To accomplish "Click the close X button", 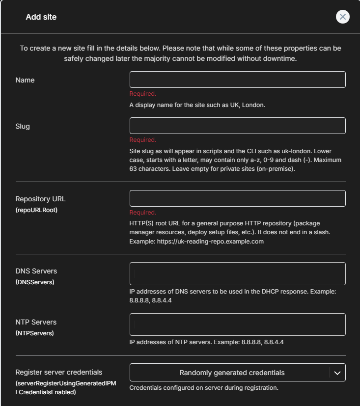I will coord(342,17).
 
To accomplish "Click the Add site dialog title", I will coord(41,17).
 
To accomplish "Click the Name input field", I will coord(237,80).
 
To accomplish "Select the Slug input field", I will coord(237,126).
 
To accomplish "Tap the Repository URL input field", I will coord(237,198).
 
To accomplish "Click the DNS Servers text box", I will coord(237,273).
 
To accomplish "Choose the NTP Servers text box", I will coord(237,325).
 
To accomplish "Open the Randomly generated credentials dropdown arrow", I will coord(337,373).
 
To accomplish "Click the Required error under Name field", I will coord(143,94).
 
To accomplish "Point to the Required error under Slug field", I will coord(143,140).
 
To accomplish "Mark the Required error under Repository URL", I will coord(143,213).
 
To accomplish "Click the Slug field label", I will coord(23,126).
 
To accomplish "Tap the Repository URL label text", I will coord(40,199).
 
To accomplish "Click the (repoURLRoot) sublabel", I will coord(36,210).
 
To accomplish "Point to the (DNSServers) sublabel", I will coord(35,282).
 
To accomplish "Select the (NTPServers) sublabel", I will coord(34,333).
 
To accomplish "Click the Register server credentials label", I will coord(59,372).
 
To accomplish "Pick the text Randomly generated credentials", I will coord(232,373).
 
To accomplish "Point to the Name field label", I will coord(25,80).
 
